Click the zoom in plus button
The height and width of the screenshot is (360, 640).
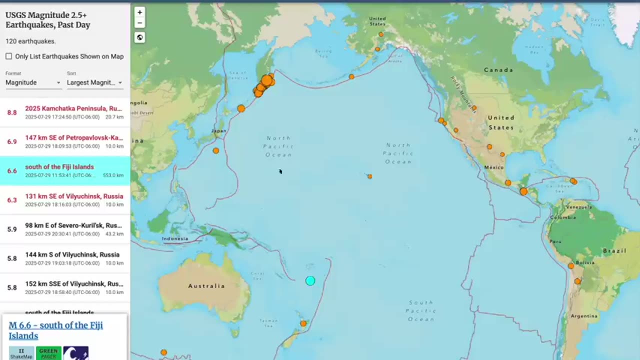pos(140,12)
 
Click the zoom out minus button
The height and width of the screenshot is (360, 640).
pos(140,22)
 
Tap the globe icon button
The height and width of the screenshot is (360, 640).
pos(140,37)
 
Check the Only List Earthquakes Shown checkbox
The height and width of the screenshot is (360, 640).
pos(9,56)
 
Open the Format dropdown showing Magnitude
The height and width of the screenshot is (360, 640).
pos(33,82)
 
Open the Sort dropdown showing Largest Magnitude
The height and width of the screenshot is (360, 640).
pos(94,82)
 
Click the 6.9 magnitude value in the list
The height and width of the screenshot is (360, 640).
pos(12,141)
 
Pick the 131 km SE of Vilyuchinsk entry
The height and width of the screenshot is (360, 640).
pos(74,196)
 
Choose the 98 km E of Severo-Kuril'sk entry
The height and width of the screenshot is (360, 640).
pos(73,225)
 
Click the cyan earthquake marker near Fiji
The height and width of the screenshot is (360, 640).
pos(310,281)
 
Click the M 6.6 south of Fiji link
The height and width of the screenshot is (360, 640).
pos(55,330)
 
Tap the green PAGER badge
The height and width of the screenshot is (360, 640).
pos(48,353)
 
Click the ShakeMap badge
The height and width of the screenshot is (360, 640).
pos(21,353)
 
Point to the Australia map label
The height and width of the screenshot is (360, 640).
pos(206,286)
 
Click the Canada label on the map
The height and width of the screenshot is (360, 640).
pos(498,70)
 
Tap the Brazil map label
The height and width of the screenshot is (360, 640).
pos(614,250)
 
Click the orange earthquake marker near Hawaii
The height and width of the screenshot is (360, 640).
pos(369,176)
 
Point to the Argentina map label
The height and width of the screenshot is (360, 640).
pos(584,316)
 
